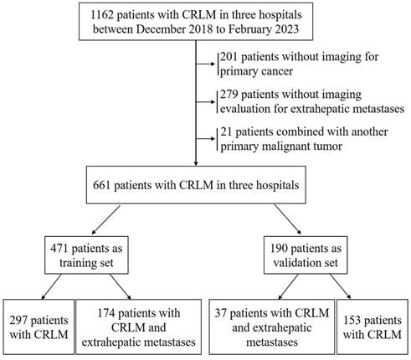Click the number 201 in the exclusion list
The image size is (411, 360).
(x=229, y=56)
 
